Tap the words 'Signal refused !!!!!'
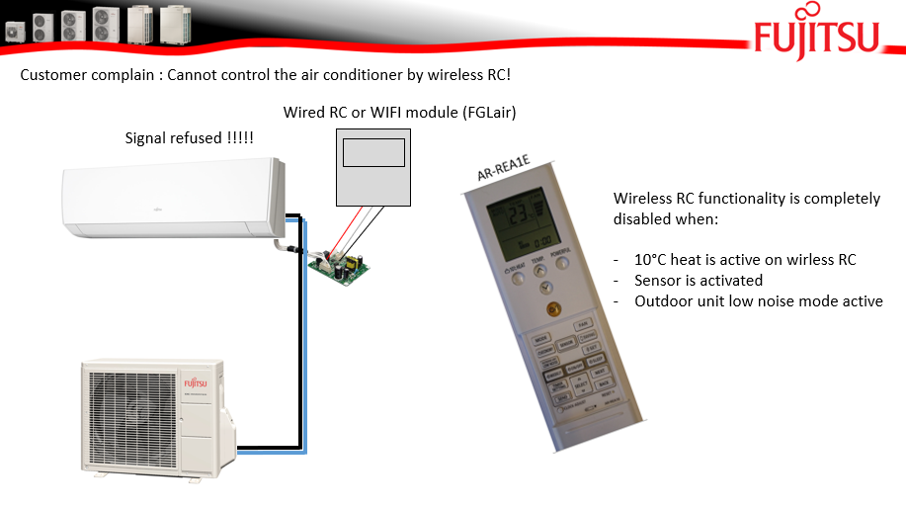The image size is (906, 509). pos(189,137)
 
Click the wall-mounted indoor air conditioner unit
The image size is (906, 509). pos(174,202)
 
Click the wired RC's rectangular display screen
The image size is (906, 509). pos(372,152)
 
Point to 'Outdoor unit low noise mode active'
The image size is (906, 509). pos(758,300)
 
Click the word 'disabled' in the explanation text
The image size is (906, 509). pos(642,218)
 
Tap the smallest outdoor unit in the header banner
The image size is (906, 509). pos(13,31)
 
